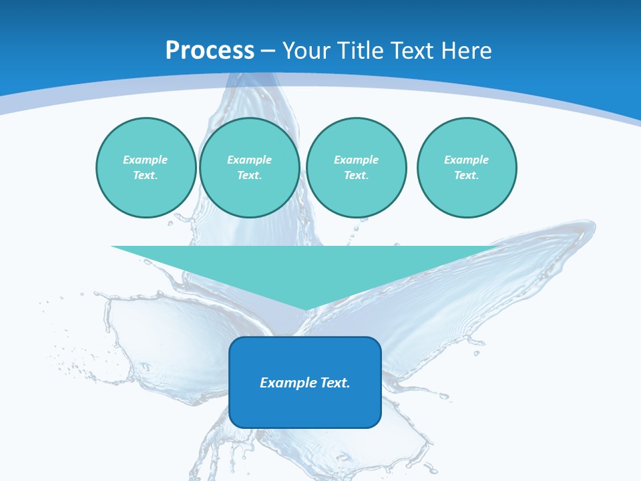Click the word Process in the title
pyautogui.click(x=210, y=51)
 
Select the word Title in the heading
pyautogui.click(x=361, y=51)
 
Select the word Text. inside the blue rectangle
pyautogui.click(x=334, y=383)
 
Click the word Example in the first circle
pyautogui.click(x=146, y=160)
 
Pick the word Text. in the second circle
pyautogui.click(x=250, y=175)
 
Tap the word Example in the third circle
pyautogui.click(x=357, y=160)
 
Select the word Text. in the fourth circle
pyautogui.click(x=467, y=175)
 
